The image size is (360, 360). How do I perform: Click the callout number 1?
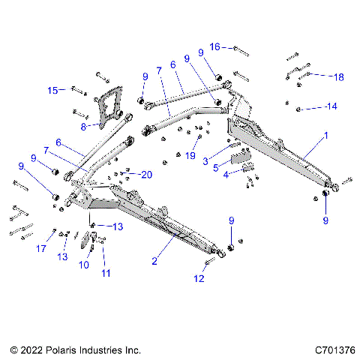[326, 137]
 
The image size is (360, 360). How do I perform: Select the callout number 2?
[154, 262]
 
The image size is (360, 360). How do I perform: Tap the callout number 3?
[205, 161]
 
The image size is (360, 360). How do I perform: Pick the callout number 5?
[215, 168]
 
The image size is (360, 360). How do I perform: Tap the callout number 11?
[106, 273]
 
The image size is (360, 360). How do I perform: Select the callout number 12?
[198, 279]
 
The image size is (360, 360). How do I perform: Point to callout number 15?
[52, 91]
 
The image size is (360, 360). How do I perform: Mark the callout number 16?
[215, 46]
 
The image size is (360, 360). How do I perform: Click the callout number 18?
[339, 76]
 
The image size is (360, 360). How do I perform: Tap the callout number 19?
[190, 155]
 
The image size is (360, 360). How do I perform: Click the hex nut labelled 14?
[298, 109]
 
